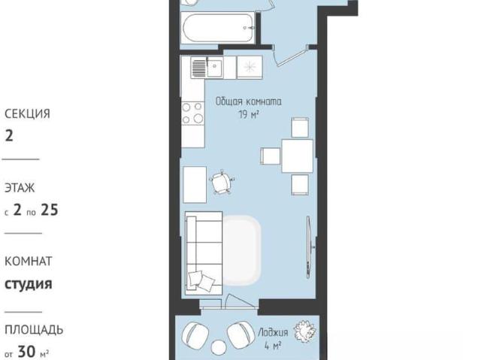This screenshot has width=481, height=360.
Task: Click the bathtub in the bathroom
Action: click(217, 28)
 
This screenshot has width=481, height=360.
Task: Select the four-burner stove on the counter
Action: click(192, 113)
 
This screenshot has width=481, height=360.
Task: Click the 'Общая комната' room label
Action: click(248, 101)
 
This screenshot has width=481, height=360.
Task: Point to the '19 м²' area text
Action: click(249, 115)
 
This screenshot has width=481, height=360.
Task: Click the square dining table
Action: click(298, 156)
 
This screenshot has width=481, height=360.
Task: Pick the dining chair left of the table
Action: click(271, 156)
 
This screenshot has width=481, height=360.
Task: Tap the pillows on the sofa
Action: click(201, 280)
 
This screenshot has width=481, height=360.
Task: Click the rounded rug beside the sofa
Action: click(241, 250)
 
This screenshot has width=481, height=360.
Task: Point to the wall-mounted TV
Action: click(310, 247)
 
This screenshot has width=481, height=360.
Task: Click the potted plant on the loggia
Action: click(304, 331)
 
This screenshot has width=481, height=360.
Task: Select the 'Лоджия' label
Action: click(273, 332)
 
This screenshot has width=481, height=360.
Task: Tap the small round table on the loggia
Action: click(219, 348)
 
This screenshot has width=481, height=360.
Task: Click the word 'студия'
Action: click(29, 284)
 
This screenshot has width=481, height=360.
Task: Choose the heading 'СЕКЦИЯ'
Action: click(27, 113)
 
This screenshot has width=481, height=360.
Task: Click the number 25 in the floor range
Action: click(50, 210)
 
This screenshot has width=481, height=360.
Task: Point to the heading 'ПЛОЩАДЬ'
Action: click(34, 330)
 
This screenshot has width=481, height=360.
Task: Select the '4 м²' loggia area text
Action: click(273, 346)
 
